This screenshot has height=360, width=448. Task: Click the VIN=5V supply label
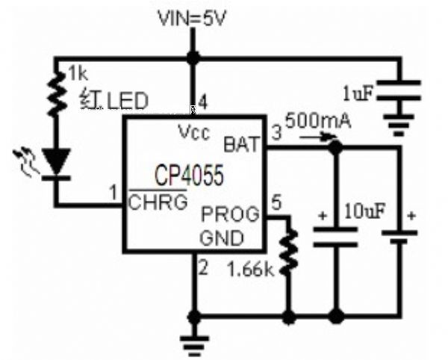[193, 17]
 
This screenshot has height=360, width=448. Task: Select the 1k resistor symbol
[53, 93]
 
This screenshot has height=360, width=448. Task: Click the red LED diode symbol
[55, 161]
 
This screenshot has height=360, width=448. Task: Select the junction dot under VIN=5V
[193, 58]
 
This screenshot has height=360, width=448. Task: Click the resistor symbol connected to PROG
[288, 253]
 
